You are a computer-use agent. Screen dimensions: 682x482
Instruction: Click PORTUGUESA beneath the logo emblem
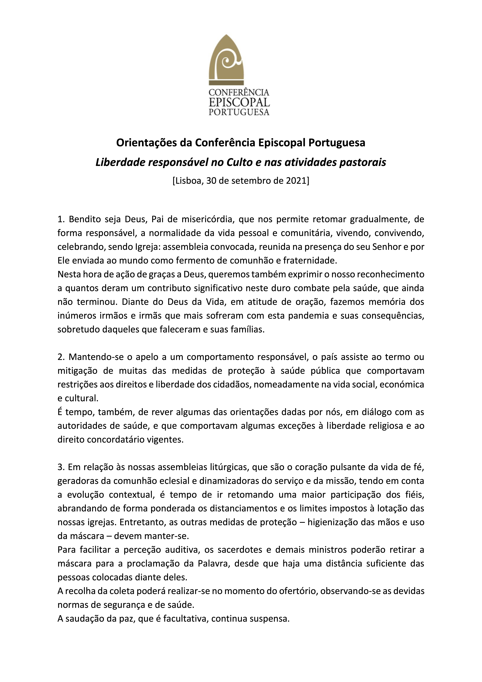(x=239, y=112)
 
